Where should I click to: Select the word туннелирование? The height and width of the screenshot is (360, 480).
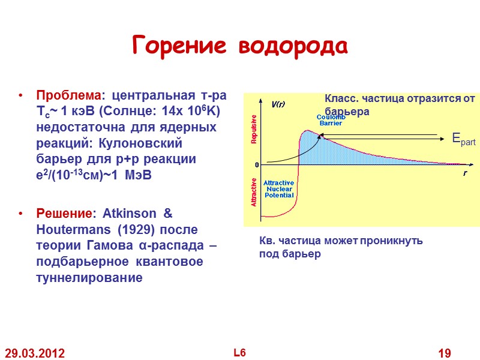click(90, 278)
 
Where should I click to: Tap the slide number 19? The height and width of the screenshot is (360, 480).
click(444, 353)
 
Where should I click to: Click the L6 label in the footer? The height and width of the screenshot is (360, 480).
click(239, 352)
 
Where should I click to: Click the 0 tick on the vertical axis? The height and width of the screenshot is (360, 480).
click(257, 164)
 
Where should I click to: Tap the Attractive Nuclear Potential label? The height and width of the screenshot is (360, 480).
click(279, 188)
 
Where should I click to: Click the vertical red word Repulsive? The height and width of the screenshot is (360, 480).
click(253, 129)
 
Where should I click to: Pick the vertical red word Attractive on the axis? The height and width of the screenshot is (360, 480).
click(253, 192)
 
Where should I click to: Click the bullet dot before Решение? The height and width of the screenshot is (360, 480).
click(22, 214)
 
